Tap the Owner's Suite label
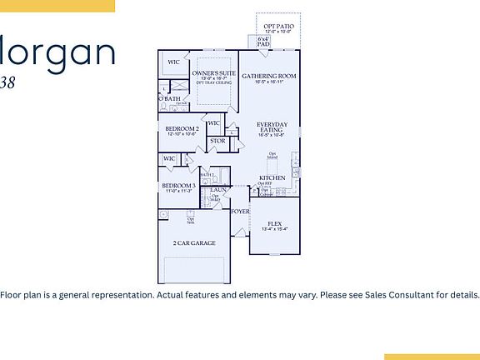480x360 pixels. tap(214, 73)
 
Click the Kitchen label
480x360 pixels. tap(272, 178)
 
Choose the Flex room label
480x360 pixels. tap(274, 222)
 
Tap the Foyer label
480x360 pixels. tap(240, 212)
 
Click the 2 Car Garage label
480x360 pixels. tap(193, 243)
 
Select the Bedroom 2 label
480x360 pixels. tap(181, 128)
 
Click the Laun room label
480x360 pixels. tap(219, 190)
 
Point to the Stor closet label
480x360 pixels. tap(217, 141)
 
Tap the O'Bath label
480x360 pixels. tap(169, 99)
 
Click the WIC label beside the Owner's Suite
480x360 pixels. tap(173, 62)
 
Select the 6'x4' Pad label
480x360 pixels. tap(263, 41)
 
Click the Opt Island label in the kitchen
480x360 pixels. tap(272, 155)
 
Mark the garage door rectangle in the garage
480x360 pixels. tap(193, 270)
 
